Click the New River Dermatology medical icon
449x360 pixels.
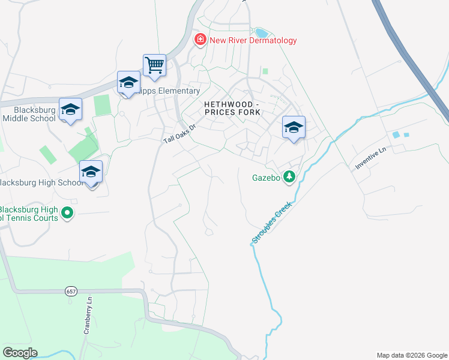tap(199, 40)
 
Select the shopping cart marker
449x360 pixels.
tap(154, 65)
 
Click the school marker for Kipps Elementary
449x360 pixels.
tap(128, 82)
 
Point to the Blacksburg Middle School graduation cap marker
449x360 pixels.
tap(70, 109)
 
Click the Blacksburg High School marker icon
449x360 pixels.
tap(91, 172)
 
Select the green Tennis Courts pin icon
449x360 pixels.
tap(67, 213)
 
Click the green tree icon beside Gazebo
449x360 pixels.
tap(289, 177)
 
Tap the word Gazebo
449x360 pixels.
tap(266, 178)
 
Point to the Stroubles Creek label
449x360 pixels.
tap(271, 222)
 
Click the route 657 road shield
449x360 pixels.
tap(71, 291)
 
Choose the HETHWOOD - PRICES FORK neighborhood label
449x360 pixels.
tap(232, 108)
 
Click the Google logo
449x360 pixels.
tap(20, 353)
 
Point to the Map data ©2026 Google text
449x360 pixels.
tap(411, 355)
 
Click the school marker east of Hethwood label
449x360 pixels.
tap(294, 127)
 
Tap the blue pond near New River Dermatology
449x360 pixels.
tap(262, 32)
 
